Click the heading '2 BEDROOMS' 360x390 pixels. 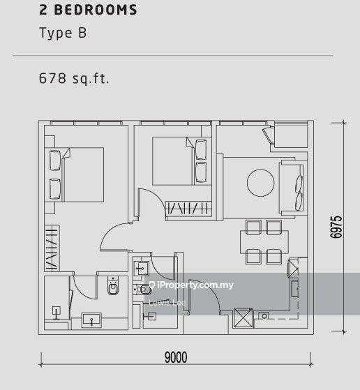click(x=88, y=10)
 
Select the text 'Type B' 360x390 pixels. click(x=63, y=33)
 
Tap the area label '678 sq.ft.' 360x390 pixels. click(x=74, y=78)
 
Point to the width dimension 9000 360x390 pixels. click(x=176, y=358)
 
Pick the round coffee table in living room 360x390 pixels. click(x=261, y=183)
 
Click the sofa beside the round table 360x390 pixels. click(x=291, y=187)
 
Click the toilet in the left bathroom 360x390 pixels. click(x=114, y=286)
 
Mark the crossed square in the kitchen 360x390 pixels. click(x=243, y=318)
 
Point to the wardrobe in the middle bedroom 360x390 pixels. click(x=188, y=207)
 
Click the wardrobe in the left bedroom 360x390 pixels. click(x=51, y=248)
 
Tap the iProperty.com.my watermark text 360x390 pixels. click(x=196, y=285)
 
